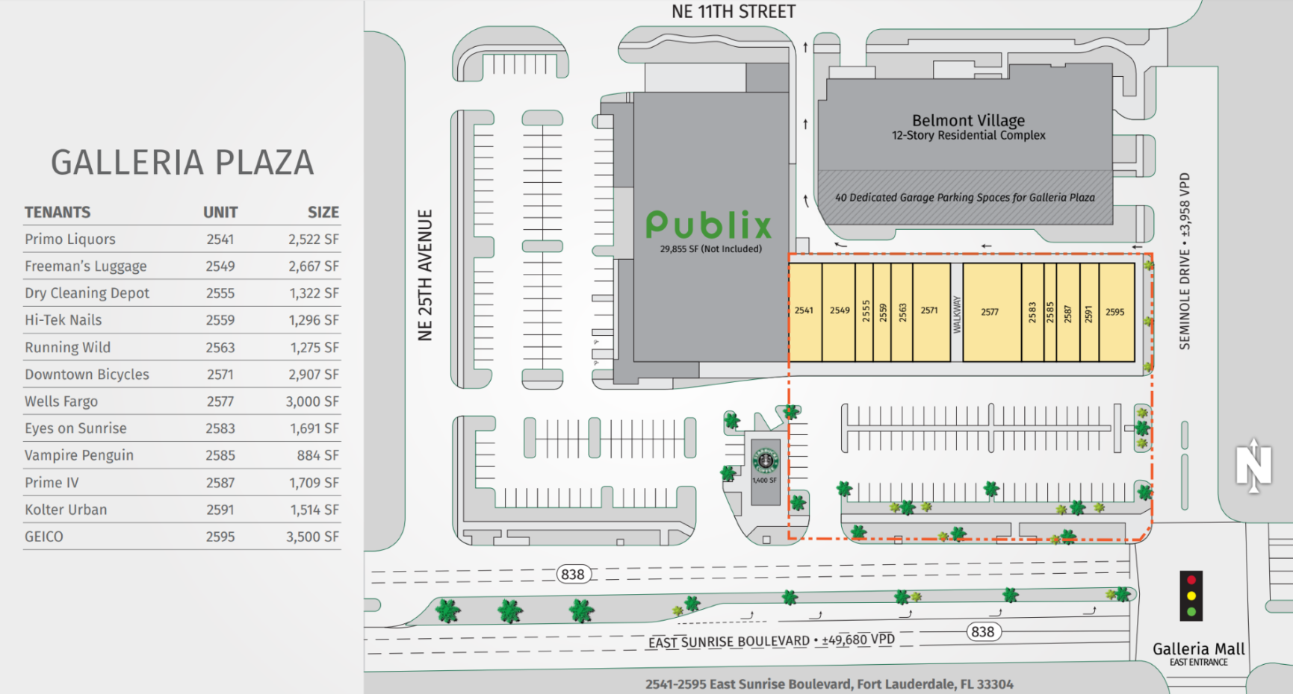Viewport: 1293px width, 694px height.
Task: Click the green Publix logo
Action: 708,225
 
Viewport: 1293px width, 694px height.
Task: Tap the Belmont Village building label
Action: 968,121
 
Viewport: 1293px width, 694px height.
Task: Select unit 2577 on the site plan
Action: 990,311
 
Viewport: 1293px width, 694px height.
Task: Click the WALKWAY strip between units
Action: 956,313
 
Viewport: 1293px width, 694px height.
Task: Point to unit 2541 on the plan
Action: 804,310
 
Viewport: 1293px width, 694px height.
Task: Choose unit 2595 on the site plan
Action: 1115,312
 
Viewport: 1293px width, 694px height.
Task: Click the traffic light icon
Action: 1191,595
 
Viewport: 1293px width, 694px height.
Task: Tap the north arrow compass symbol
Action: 1253,466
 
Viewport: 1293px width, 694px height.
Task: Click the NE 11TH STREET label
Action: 733,12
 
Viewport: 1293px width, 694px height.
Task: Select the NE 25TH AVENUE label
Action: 425,275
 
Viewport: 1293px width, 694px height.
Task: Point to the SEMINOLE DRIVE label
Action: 1185,298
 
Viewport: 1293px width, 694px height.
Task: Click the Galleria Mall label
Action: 1198,649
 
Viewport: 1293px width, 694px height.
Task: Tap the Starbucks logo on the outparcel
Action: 765,460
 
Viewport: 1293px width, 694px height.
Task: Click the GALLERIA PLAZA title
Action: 182,163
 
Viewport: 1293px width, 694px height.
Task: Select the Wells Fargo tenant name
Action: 61,401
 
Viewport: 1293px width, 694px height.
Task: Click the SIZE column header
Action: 323,212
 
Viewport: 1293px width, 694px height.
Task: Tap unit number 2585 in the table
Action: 220,455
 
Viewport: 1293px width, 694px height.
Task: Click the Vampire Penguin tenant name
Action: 79,455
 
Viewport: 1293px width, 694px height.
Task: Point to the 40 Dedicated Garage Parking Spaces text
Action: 964,198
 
